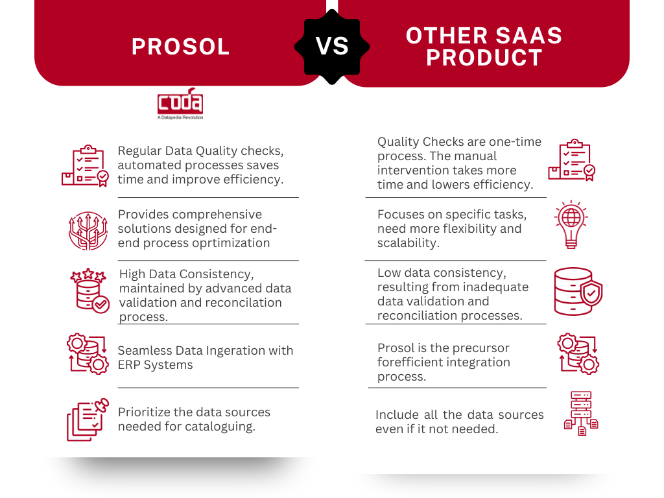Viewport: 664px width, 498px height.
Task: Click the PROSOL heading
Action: pos(180,47)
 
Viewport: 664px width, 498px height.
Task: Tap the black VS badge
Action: pos(332,47)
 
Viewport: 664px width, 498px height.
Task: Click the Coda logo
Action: pos(180,104)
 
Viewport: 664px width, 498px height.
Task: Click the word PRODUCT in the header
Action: pos(484,58)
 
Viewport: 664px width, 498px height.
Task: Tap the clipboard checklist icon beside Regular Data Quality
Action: pos(85,165)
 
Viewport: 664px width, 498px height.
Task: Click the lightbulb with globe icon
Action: pos(571,224)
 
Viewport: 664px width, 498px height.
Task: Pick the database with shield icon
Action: pos(578,291)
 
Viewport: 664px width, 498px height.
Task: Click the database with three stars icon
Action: pos(89,290)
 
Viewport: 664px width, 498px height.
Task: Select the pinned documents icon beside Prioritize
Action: pos(88,420)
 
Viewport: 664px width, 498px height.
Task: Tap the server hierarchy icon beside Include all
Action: pos(581,413)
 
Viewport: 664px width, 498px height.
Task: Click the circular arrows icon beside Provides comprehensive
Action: pos(88,231)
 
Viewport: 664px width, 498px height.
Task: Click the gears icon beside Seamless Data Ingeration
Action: pos(88,354)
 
